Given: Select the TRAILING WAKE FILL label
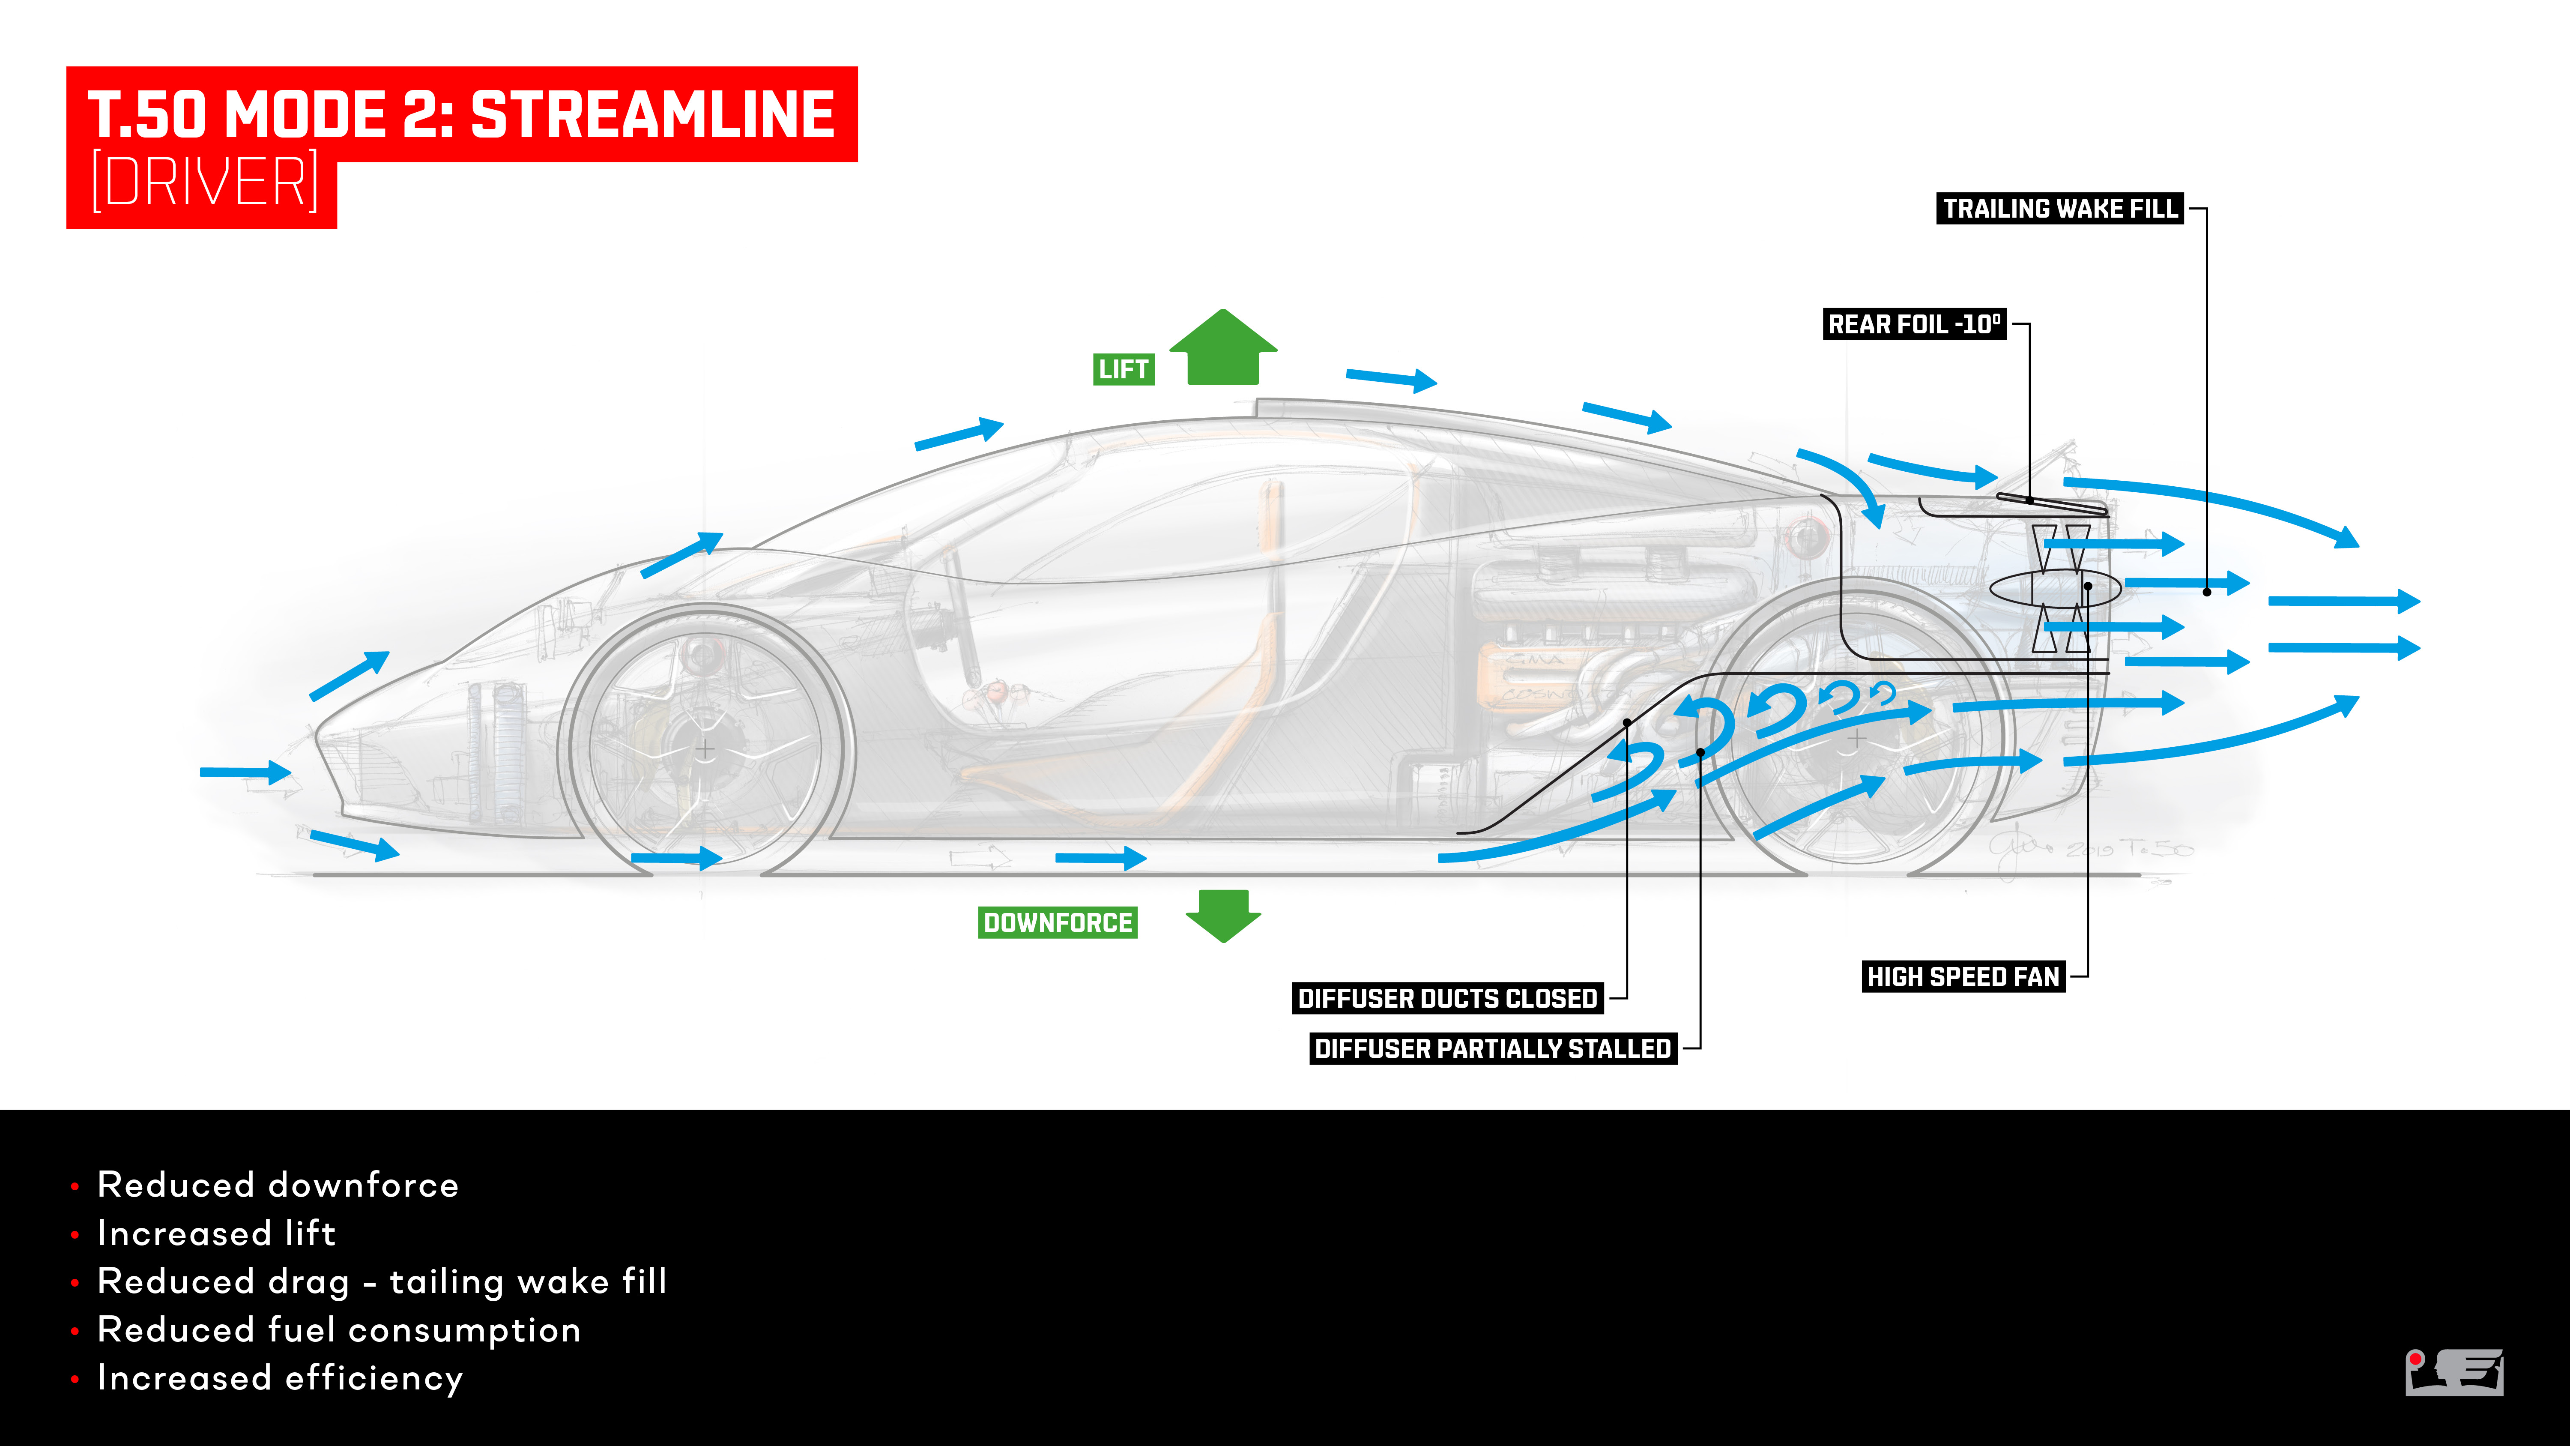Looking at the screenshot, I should (2059, 209).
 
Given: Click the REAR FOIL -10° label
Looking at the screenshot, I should (1913, 324).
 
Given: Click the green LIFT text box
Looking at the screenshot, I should (1124, 369).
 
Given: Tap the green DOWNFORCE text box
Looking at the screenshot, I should (1058, 922).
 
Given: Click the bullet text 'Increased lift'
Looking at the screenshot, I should (216, 1233).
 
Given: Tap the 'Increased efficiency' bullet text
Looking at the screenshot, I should (281, 1378).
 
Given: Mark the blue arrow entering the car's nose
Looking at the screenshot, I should (245, 771).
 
